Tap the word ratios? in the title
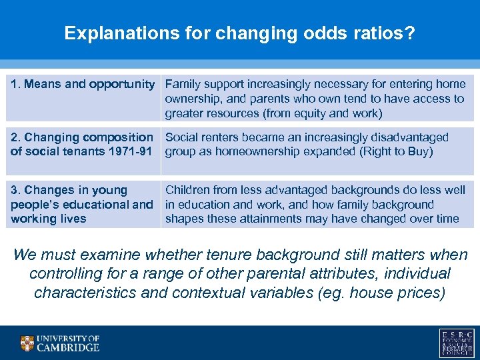[x=386, y=33]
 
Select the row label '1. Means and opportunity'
[x=82, y=84]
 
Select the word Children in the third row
[x=188, y=191]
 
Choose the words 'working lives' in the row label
[x=48, y=219]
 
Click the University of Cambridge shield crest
[x=27, y=343]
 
